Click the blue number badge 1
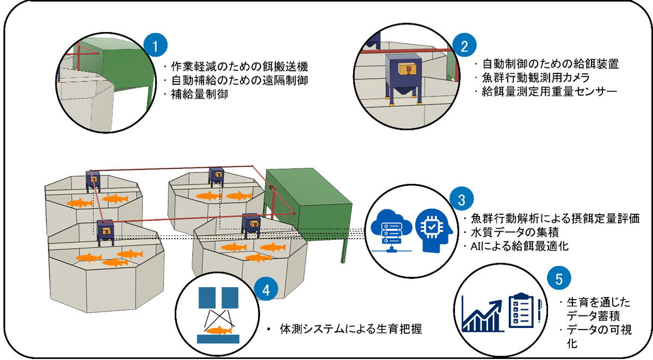pos(156,46)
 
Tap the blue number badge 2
pos(464,46)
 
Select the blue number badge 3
pos(461,200)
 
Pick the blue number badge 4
pos(266,289)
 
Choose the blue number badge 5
pos(559,278)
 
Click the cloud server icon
pos(391,231)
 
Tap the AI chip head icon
pos(434,231)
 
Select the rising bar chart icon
pos(483,314)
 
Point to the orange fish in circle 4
pos(219,330)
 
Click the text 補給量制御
pos(199,94)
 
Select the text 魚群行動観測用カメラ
pos(536,78)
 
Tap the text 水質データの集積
pos(515,232)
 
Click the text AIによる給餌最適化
pos(520,246)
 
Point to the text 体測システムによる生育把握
pos(350,329)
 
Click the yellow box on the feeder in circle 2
pos(406,69)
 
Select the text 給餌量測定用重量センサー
pos(549,92)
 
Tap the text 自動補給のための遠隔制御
pos(239,80)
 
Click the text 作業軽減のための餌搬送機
pos(239,66)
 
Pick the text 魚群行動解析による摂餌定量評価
pos(555,218)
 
